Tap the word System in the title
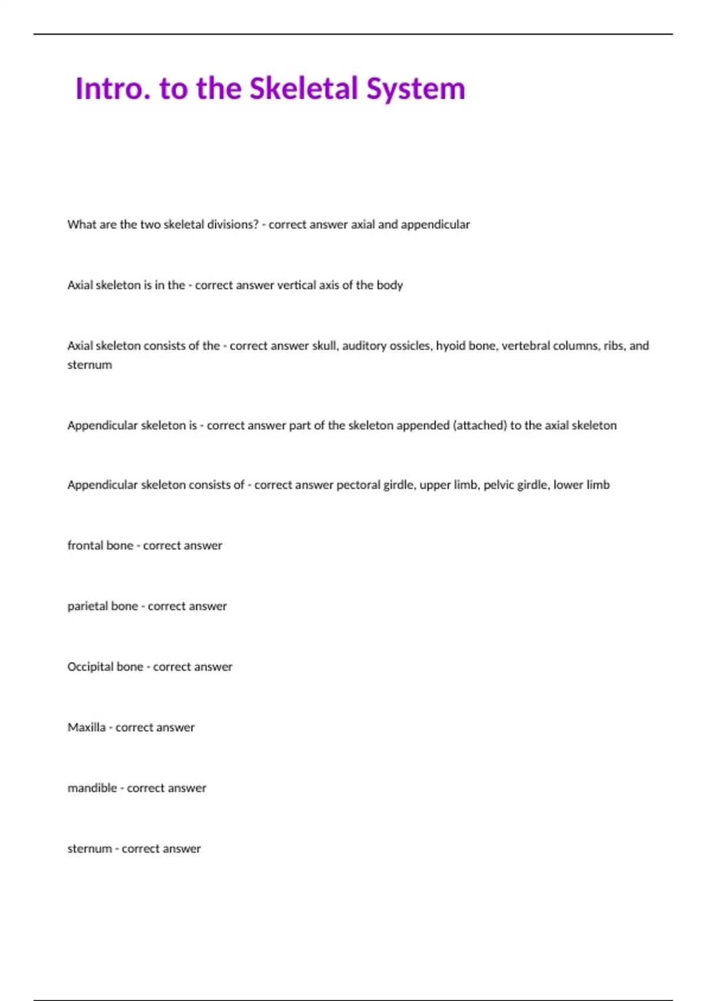click(x=416, y=89)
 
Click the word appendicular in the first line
click(x=435, y=224)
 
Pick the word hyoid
click(x=450, y=346)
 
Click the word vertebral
click(x=524, y=346)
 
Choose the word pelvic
click(x=498, y=485)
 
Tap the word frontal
click(x=84, y=545)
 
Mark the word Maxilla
click(x=87, y=727)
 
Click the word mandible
click(x=92, y=788)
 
